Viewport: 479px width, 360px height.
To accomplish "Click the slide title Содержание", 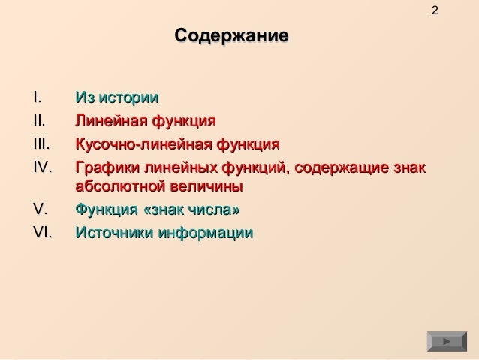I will [x=230, y=36].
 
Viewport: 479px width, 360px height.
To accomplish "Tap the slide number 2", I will [x=436, y=11].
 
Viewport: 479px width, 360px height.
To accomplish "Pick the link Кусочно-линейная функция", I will [x=177, y=143].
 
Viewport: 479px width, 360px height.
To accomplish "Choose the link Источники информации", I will [x=164, y=233].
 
